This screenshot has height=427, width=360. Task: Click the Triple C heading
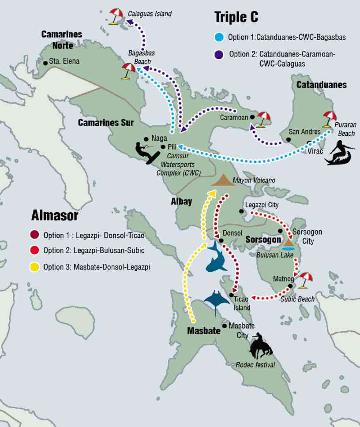(x=236, y=17)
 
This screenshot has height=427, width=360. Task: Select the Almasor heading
(x=55, y=215)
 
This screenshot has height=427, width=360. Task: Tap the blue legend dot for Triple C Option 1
(x=219, y=37)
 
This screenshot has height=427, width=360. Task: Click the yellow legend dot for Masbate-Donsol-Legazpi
(x=35, y=266)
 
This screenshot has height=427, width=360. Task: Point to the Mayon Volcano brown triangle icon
(x=223, y=180)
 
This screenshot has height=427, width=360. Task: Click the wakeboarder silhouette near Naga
(x=147, y=152)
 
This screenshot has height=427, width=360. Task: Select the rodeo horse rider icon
(x=261, y=346)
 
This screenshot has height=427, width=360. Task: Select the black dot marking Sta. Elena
(x=45, y=63)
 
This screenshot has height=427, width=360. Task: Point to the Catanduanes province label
(x=321, y=85)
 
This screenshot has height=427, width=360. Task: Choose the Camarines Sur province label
(x=105, y=123)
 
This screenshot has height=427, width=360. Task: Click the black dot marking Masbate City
(x=225, y=326)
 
